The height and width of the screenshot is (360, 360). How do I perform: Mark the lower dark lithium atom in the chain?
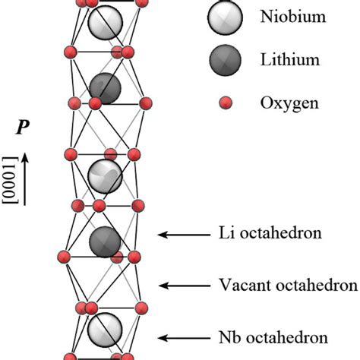click(x=105, y=242)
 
